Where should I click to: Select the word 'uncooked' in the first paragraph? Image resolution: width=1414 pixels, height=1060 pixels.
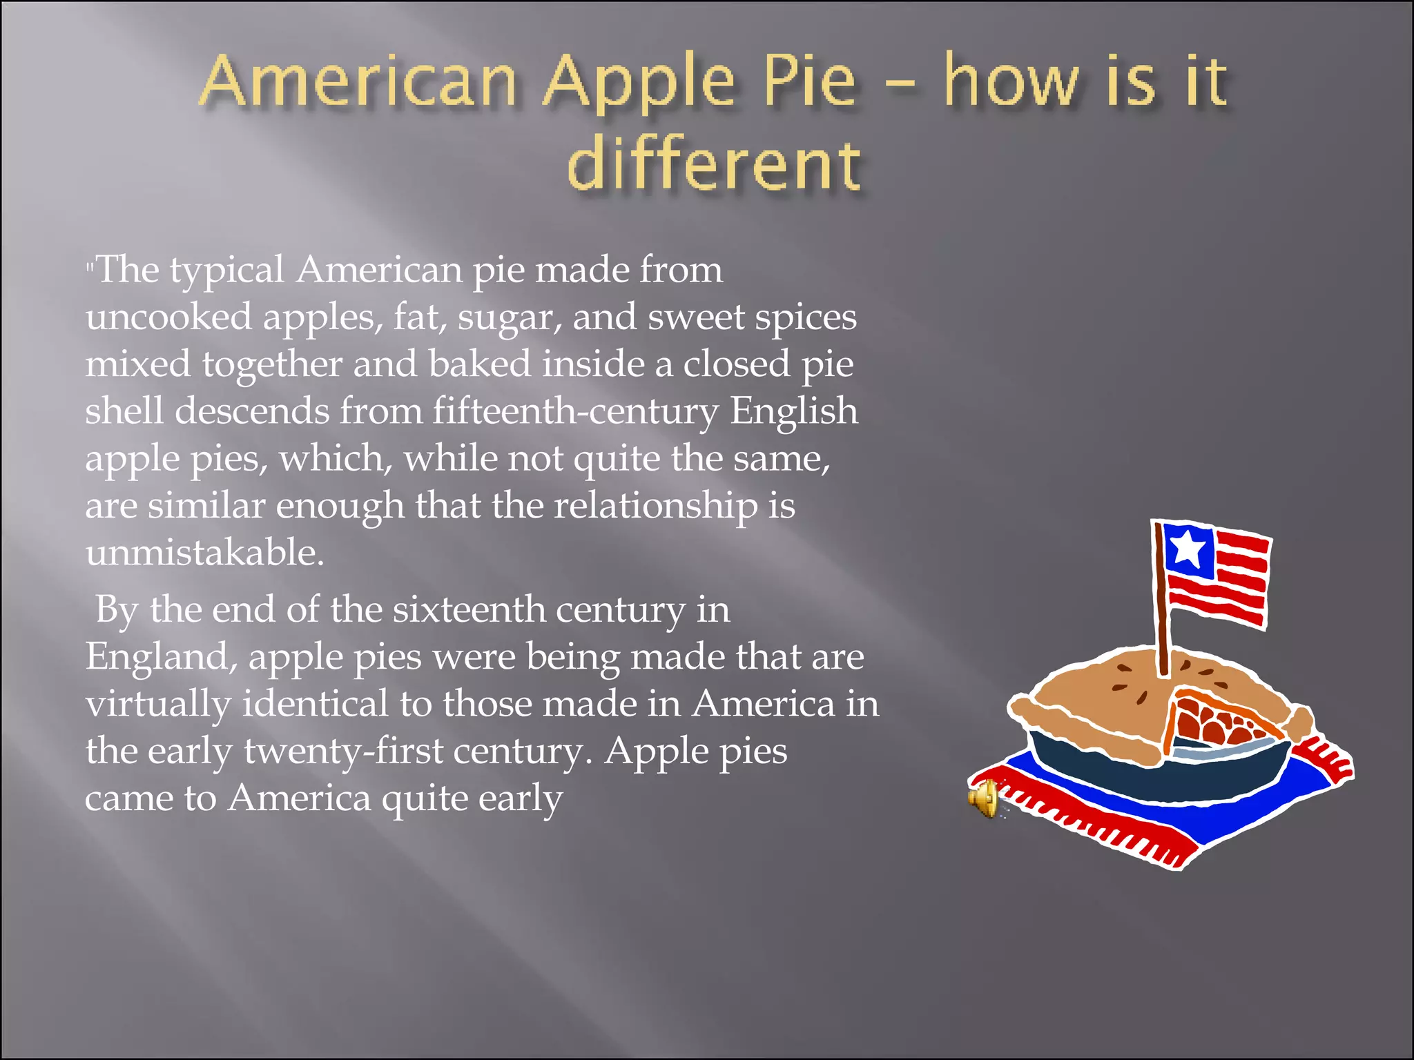tap(168, 317)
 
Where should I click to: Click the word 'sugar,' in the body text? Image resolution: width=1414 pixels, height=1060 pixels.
tap(509, 317)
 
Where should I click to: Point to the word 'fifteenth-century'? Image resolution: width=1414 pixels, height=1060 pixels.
tap(576, 411)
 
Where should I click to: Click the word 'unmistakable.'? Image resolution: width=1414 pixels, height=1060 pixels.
tap(204, 553)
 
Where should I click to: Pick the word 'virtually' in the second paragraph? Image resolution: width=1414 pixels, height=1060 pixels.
tap(158, 704)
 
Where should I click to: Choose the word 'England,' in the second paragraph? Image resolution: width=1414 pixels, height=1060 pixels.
tap(162, 657)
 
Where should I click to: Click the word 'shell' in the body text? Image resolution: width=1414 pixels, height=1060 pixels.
tap(124, 411)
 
